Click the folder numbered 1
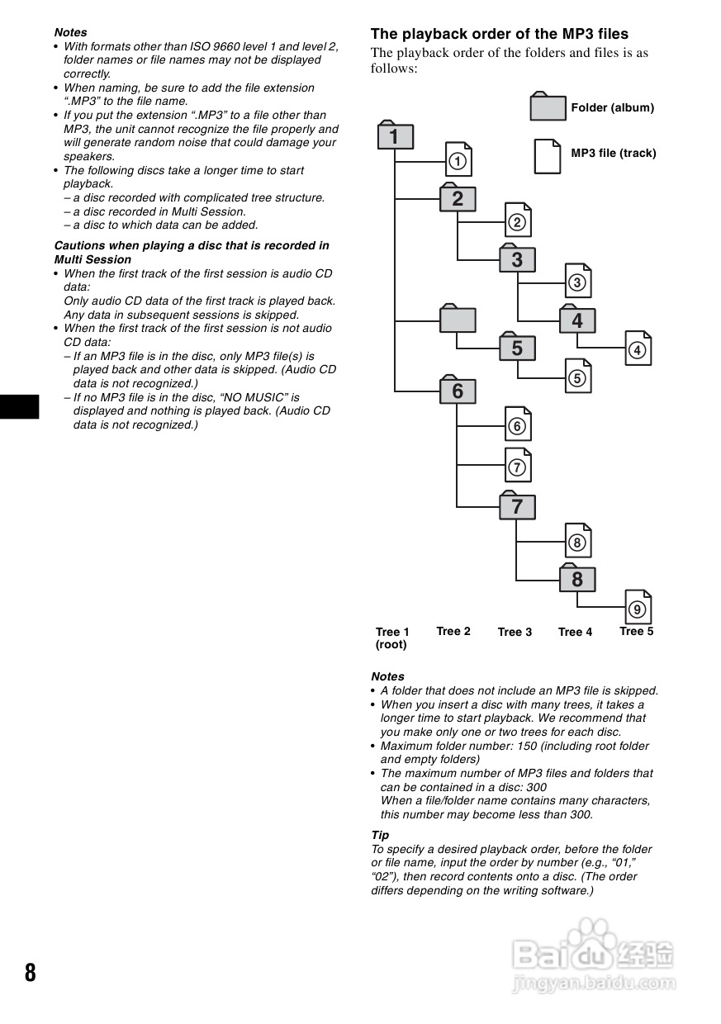click(x=395, y=136)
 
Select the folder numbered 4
click(x=576, y=320)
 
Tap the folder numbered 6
click(x=458, y=391)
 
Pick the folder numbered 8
click(x=576, y=579)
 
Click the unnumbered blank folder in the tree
click(x=458, y=319)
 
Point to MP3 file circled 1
click(x=458, y=159)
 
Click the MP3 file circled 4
click(x=637, y=349)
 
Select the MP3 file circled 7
click(x=518, y=467)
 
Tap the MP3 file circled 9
click(x=637, y=609)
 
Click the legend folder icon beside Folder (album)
click(x=548, y=107)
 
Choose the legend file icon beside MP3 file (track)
click(x=548, y=155)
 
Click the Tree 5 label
click(x=636, y=631)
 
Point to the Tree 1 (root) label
click(x=391, y=638)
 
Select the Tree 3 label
click(x=515, y=632)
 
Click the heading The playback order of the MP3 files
click(x=499, y=34)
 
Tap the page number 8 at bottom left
click(x=31, y=972)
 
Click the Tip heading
click(x=380, y=835)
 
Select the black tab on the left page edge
click(x=19, y=407)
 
